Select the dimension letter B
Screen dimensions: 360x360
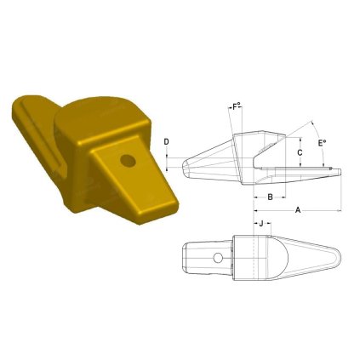pyautogui.click(x=269, y=197)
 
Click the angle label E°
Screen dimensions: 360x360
pyautogui.click(x=322, y=145)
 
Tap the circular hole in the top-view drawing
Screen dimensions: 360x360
pyautogui.click(x=219, y=258)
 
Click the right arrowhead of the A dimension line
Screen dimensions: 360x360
pyautogui.click(x=340, y=209)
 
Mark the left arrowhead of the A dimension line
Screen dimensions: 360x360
pyautogui.click(x=254, y=209)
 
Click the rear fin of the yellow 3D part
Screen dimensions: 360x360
pyautogui.click(x=34, y=128)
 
